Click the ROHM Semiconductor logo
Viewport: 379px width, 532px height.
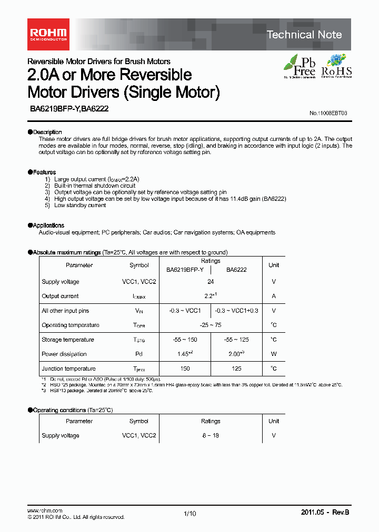tap(47, 34)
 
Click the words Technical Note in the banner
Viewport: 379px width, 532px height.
tap(304, 35)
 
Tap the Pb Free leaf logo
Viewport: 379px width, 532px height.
tap(300, 66)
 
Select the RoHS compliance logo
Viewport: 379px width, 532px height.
tap(336, 66)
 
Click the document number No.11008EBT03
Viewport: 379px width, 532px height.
tap(328, 113)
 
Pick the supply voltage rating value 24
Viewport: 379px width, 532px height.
tap(211, 282)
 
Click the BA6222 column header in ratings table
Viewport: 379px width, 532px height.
tap(237, 270)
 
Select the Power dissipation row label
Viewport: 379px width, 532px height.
tap(64, 354)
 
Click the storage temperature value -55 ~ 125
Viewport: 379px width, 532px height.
tap(237, 340)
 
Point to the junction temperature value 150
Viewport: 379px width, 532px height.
tap(185, 369)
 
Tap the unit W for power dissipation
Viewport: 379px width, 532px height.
tap(274, 354)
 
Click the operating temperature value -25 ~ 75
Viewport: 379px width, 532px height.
tap(211, 325)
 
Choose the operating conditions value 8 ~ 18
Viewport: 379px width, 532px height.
tap(211, 435)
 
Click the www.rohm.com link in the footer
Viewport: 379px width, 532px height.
tap(45, 510)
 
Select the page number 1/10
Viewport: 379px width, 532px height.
tap(189, 514)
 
